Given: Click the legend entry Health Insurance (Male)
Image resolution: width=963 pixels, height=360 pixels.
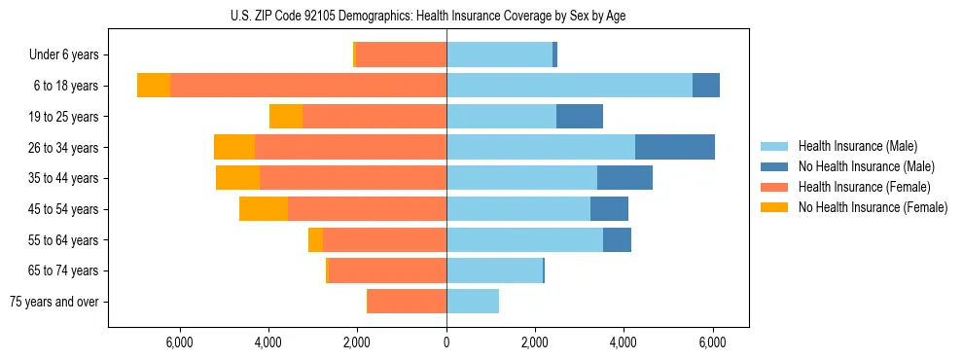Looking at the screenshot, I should tap(866, 147).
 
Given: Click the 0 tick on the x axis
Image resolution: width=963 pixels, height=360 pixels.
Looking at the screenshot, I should tap(446, 342).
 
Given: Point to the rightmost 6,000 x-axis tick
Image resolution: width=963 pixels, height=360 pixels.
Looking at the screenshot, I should tap(713, 342).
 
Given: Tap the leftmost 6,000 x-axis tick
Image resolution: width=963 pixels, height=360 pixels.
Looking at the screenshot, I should tap(180, 342).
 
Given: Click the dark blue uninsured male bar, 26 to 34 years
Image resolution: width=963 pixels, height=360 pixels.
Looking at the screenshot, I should tap(675, 148).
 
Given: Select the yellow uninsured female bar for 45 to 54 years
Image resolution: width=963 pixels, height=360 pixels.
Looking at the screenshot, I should tap(264, 209).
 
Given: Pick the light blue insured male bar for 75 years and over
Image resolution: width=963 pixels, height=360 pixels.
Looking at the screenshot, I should tap(473, 302).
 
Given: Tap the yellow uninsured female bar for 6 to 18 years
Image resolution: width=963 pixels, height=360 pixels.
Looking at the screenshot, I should tap(154, 86).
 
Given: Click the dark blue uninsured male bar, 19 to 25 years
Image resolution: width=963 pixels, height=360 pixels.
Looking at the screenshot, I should tap(580, 117).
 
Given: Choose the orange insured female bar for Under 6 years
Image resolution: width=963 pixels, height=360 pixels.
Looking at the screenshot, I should tap(402, 55).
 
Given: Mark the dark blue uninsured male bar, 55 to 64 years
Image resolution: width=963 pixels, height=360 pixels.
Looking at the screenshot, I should tap(617, 240).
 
